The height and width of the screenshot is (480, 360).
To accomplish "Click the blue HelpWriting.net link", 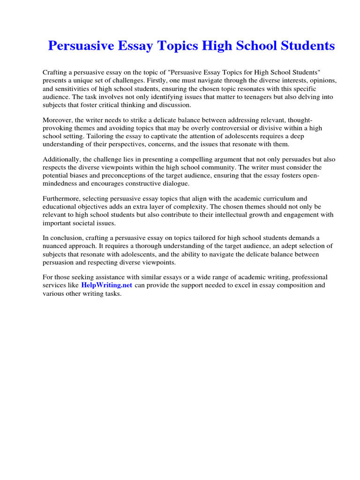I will coord(107,285).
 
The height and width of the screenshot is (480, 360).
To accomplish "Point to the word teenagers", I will coord(221,97).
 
